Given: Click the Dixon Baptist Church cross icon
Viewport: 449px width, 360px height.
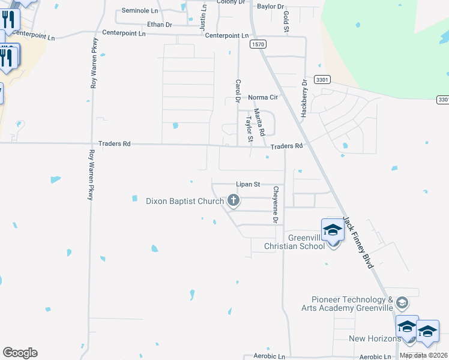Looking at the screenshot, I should coord(233,200).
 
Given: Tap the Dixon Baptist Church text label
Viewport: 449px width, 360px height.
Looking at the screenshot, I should coord(185,201).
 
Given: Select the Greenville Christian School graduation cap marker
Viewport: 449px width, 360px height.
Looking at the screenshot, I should coord(333,230).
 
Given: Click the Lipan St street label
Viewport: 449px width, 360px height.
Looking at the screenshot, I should coord(247,185).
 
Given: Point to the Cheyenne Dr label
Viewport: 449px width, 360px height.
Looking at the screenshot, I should coord(276,205).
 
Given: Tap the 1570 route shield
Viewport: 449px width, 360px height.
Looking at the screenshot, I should coord(258,44).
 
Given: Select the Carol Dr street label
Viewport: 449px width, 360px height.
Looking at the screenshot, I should coord(238,91).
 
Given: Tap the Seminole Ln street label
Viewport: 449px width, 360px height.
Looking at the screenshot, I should coord(139,11).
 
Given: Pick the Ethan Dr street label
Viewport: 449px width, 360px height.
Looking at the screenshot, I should coord(160,25).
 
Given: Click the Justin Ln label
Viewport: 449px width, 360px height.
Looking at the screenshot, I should coord(203,16).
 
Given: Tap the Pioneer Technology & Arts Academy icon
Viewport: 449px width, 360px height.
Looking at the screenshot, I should coord(402,302).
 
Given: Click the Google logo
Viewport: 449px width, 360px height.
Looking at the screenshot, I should coord(20,353).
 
